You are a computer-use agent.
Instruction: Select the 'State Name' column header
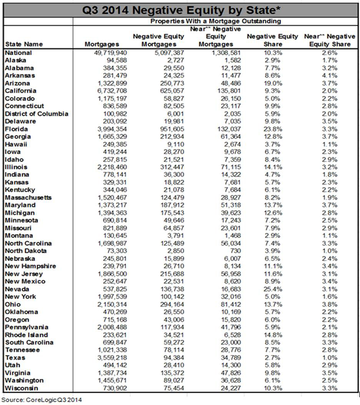24,44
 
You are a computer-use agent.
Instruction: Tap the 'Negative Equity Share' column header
272,40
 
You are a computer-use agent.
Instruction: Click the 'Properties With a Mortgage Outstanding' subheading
215,21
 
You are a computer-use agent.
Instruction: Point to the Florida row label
16,129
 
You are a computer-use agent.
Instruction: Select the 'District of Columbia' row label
37,114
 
